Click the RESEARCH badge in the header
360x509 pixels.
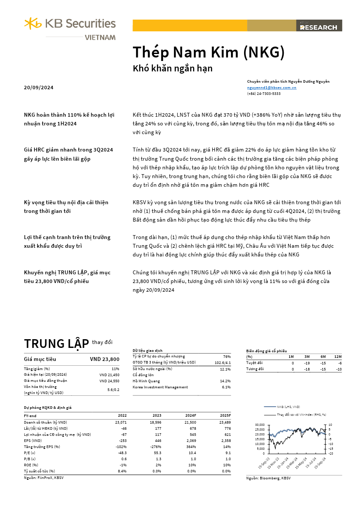319,27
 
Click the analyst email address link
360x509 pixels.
272,88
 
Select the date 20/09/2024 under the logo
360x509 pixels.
39,88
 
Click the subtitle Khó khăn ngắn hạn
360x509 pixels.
172,68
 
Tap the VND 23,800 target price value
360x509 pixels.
104,359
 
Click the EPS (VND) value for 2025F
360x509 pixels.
224,440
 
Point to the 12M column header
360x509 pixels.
337,356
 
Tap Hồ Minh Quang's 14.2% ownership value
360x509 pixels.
225,381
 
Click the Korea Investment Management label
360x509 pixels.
160,387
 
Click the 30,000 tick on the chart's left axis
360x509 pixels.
259,425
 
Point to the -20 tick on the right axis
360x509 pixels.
330,453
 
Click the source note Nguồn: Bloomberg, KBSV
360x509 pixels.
268,478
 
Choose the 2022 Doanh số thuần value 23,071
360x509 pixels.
121,422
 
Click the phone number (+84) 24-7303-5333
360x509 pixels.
264,94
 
